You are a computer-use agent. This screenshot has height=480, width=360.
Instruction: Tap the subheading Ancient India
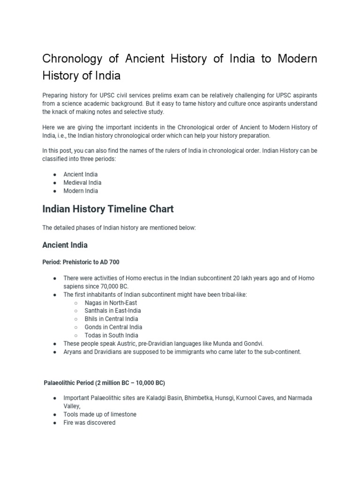coord(65,245)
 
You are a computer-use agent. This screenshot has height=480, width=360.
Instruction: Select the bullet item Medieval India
coord(82,183)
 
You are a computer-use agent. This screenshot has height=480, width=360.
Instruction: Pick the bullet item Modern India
coord(81,191)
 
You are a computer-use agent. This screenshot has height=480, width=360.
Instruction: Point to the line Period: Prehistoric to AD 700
coord(84,262)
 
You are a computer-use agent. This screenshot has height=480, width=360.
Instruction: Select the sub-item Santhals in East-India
coord(112,311)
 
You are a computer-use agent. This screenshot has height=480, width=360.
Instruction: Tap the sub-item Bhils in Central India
coord(111,319)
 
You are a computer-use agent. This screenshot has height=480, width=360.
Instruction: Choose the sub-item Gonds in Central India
coord(113,327)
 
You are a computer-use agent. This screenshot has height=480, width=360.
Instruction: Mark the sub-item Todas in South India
coord(111,335)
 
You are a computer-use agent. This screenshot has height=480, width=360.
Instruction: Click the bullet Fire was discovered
coord(89,423)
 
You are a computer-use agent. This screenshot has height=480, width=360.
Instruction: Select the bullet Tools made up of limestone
coord(100,414)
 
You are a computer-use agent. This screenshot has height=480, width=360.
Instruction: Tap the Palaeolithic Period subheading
coord(104,382)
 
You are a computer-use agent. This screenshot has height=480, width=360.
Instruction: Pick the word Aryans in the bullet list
coord(73,352)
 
